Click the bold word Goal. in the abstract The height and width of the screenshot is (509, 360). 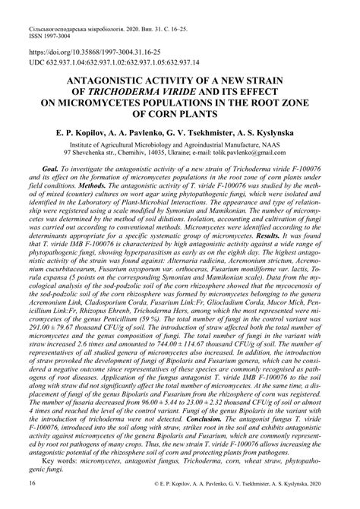point(52,172)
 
